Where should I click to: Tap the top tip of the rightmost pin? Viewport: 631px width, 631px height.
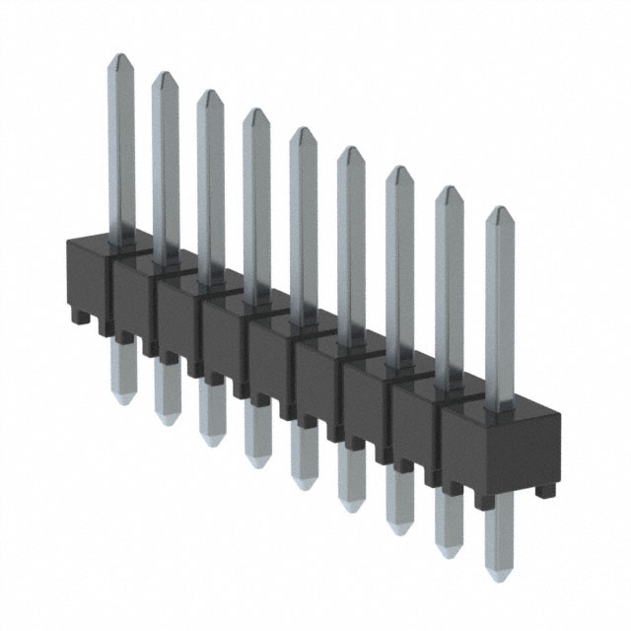pos(500,211)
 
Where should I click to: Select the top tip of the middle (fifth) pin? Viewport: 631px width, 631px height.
pos(302,131)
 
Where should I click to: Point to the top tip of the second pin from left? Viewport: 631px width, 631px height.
pos(164,76)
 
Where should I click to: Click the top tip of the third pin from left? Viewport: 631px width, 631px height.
pos(209,94)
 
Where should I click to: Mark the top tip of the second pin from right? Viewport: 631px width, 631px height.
pos(450,190)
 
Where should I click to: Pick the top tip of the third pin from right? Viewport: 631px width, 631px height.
pos(399,171)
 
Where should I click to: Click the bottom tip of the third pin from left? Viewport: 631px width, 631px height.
pos(212,442)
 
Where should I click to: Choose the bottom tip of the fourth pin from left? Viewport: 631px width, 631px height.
pos(258,462)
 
